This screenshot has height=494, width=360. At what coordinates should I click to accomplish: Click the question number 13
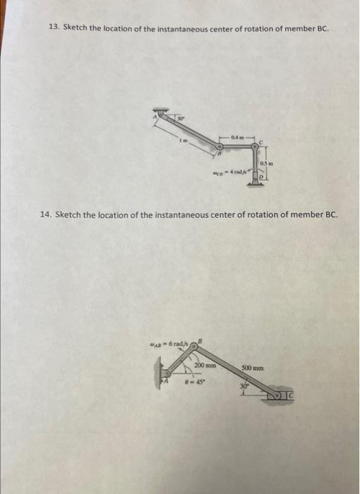53,28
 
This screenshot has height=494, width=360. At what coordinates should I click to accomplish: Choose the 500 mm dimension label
252,368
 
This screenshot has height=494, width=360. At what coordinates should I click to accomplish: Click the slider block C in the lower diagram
289,406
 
